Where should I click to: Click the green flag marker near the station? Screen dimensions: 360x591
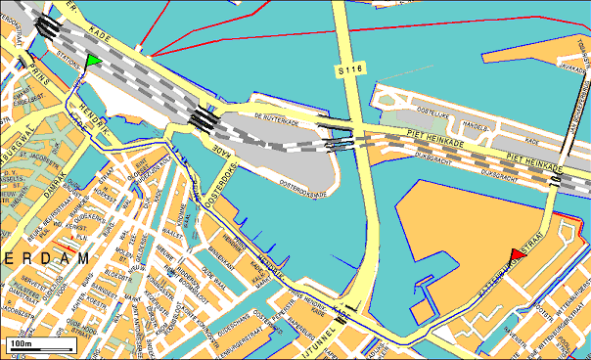[x=93, y=62]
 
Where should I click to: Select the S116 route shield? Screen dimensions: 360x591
[x=348, y=70]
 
